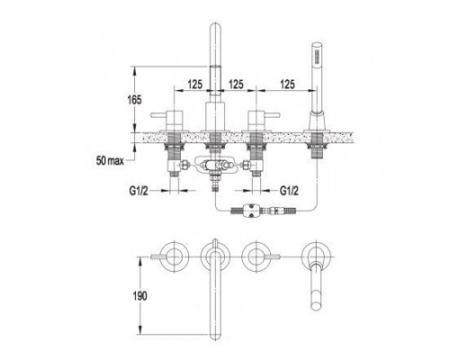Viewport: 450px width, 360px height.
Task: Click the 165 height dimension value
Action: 134,99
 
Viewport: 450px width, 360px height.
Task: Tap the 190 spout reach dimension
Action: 139,296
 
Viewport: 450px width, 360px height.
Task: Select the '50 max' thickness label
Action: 110,161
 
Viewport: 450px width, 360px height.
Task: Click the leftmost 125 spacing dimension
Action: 195,85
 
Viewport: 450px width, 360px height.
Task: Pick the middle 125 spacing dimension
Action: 236,85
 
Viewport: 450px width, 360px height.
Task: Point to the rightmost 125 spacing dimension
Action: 287,85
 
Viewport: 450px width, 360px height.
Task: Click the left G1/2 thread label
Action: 139,191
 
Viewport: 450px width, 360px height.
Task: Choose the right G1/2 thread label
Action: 289,191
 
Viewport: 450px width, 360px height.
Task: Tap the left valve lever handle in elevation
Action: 158,115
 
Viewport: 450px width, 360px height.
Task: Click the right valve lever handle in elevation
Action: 272,115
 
